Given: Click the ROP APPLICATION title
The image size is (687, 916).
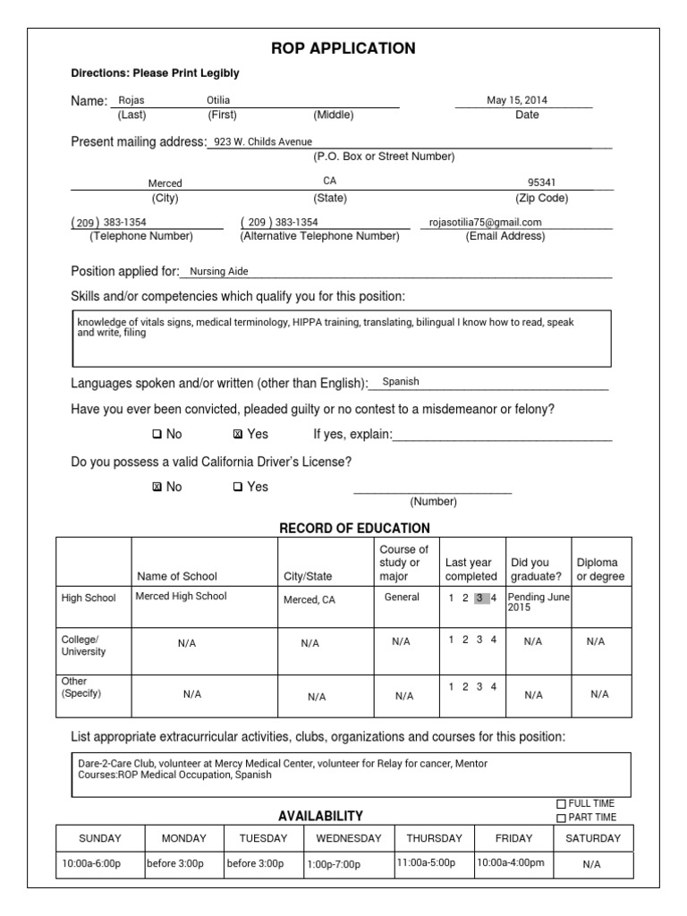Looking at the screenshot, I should point(343,48).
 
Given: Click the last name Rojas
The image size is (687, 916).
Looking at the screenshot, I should point(132,101).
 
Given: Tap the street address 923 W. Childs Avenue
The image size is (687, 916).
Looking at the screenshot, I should point(263,141).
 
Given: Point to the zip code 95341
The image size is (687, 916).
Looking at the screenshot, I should point(541,182).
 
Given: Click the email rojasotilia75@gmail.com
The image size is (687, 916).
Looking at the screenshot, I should point(486,223).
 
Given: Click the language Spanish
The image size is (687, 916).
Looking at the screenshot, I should point(401,381).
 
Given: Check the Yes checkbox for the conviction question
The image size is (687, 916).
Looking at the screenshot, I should point(237,435).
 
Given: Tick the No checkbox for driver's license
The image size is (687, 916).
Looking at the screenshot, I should point(157,488).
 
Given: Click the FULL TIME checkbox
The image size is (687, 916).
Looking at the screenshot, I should point(561,803).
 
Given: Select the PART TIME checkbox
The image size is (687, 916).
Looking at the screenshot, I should point(561,818).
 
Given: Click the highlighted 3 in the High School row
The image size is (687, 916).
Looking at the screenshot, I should point(480,598).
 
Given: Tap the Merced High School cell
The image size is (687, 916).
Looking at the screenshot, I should point(181,597).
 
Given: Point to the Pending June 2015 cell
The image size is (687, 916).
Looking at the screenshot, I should point(539,602).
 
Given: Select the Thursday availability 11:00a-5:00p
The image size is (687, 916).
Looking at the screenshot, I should point(425,863).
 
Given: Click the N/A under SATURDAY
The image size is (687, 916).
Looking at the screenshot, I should point(592,865).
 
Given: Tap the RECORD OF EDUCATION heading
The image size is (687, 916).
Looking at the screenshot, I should point(354,528).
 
